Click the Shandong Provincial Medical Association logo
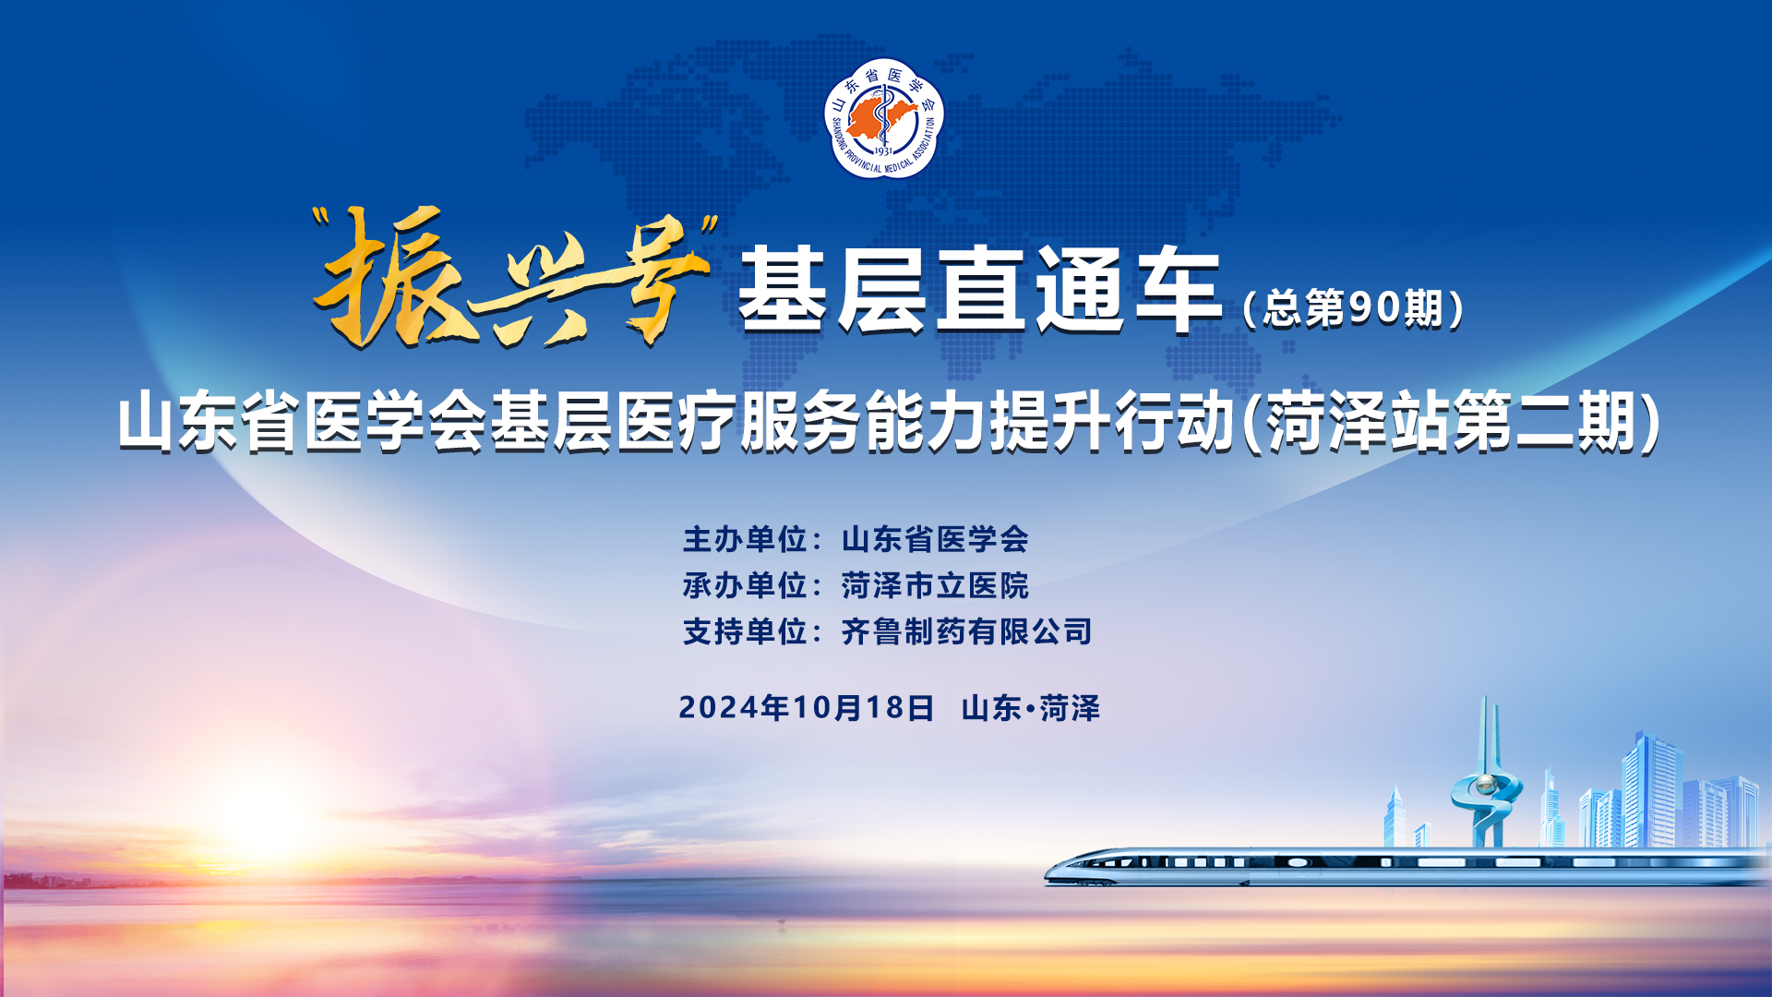tap(883, 118)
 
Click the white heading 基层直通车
tap(979, 290)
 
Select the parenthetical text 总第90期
tap(1353, 308)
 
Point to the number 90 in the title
tap(1374, 308)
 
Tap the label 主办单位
tap(746, 539)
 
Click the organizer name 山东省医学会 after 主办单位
tap(935, 539)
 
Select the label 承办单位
tap(746, 585)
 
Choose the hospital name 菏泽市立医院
tap(935, 585)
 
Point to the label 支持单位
tap(746, 631)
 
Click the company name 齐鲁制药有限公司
tap(966, 631)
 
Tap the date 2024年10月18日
tap(807, 707)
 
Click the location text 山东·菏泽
tap(1031, 708)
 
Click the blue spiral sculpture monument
tap(1486, 785)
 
